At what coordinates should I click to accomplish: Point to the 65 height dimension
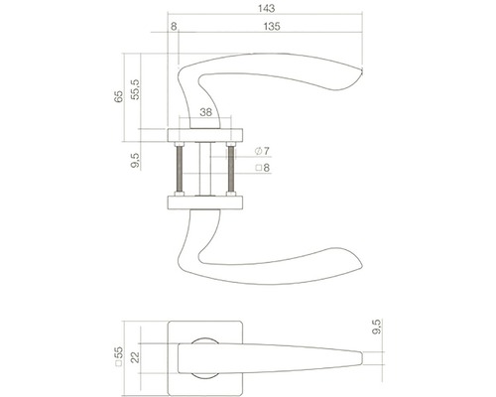120,99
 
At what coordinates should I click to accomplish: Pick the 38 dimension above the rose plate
205,113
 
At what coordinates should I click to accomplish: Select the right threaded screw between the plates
231,169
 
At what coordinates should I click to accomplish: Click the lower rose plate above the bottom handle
205,203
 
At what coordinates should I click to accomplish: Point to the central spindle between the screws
205,169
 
